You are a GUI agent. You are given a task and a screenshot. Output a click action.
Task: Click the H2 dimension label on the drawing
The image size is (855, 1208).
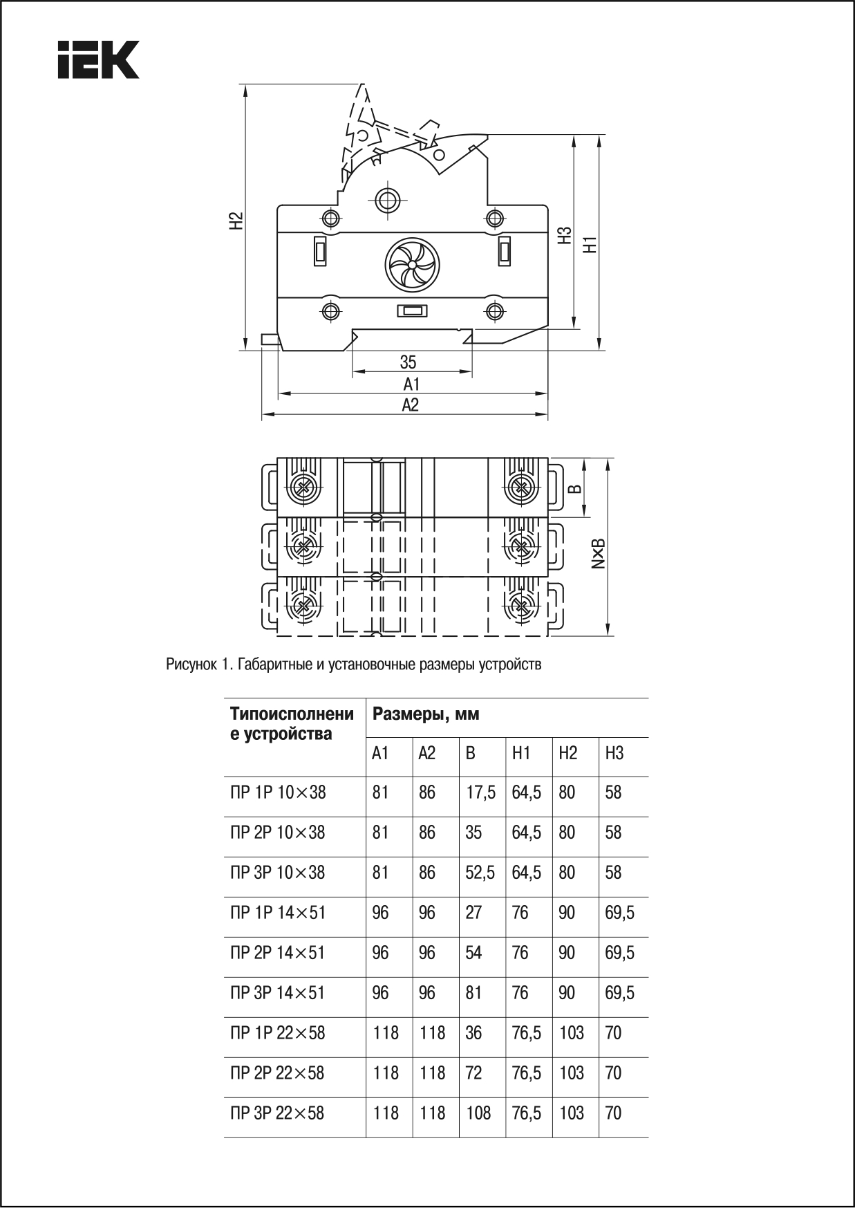pyautogui.click(x=237, y=220)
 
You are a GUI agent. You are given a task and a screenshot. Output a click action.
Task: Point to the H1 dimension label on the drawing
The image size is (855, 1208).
pyautogui.click(x=590, y=243)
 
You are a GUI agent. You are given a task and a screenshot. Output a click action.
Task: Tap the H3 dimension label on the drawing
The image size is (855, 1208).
pyautogui.click(x=566, y=235)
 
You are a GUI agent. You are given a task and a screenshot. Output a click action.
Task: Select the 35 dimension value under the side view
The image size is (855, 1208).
pyautogui.click(x=408, y=362)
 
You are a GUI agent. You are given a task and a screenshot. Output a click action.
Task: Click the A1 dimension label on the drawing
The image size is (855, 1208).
pyautogui.click(x=412, y=384)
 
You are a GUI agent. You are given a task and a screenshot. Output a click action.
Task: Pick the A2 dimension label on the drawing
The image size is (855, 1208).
pyautogui.click(x=411, y=405)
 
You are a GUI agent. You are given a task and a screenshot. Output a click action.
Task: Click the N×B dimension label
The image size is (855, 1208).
pyautogui.click(x=599, y=553)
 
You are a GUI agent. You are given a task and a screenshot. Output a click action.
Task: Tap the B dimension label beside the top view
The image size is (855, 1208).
pyautogui.click(x=575, y=488)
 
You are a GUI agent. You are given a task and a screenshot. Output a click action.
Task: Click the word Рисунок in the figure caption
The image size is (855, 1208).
pyautogui.click(x=191, y=665)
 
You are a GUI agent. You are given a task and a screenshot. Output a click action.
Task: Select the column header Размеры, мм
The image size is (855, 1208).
pyautogui.click(x=426, y=714)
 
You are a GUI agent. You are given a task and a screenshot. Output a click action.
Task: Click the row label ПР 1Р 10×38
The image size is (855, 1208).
pyautogui.click(x=278, y=792)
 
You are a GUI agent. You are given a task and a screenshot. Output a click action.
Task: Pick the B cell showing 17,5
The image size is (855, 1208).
pyautogui.click(x=480, y=792)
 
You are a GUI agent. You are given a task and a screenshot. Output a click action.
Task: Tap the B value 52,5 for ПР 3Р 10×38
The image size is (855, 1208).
pyautogui.click(x=480, y=873)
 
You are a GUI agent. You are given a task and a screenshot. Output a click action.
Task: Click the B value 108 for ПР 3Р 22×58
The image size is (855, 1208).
pyautogui.click(x=478, y=1113)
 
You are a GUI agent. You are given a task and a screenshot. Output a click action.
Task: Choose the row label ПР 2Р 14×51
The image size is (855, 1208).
pyautogui.click(x=278, y=953)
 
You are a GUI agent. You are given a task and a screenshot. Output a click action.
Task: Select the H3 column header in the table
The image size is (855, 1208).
pyautogui.click(x=614, y=753)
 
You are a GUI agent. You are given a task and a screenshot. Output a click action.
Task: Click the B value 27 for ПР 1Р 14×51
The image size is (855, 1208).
pyautogui.click(x=473, y=913)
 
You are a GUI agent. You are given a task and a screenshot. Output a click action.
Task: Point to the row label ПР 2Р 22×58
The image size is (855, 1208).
pyautogui.click(x=277, y=1073)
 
